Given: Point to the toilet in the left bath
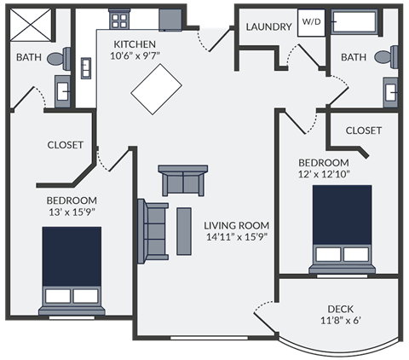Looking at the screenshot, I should (57, 58).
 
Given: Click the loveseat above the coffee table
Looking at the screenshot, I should (183, 181).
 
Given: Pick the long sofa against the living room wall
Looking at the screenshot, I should (154, 230).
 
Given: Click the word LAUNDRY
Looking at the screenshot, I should (268, 27).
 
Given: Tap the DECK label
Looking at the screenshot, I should (340, 309).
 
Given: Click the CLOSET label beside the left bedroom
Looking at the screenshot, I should (65, 145).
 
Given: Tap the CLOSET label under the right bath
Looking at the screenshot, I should (364, 131).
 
